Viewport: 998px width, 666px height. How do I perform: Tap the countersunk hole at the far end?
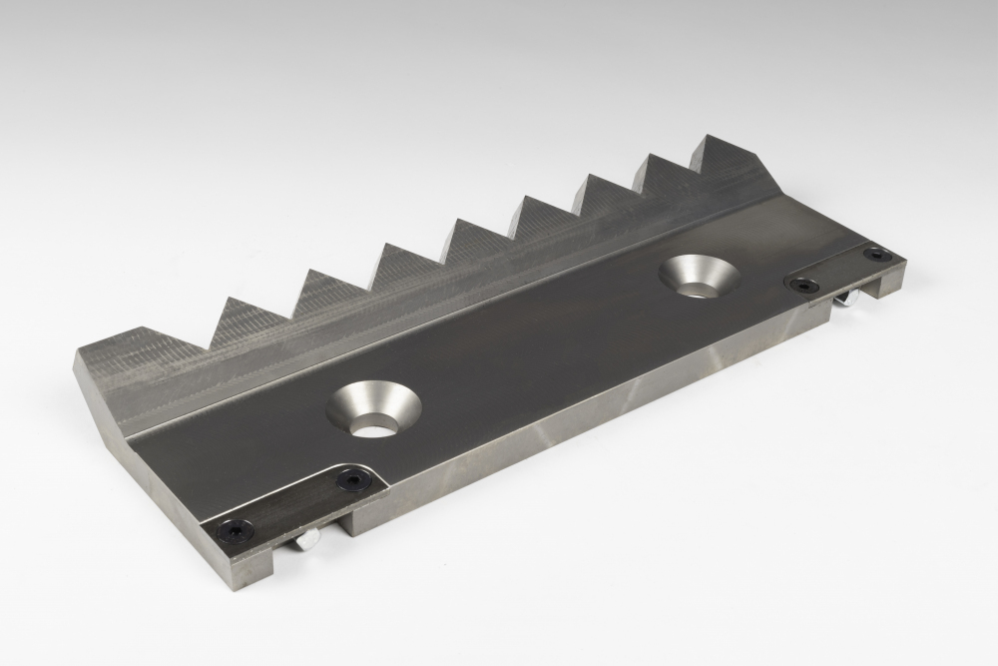[701, 276]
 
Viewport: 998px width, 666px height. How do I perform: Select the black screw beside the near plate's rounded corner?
[351, 481]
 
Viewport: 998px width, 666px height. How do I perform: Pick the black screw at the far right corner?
[876, 255]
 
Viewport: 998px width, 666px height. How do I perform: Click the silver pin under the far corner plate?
[846, 301]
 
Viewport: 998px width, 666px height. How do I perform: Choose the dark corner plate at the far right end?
[843, 269]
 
